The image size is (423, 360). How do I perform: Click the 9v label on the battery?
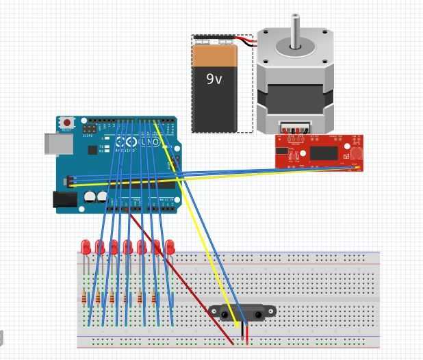click(214, 78)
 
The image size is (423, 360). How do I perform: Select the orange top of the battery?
click(215, 54)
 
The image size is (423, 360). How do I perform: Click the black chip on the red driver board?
click(328, 152)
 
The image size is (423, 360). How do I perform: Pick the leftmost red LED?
click(86, 246)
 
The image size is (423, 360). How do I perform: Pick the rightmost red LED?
click(170, 246)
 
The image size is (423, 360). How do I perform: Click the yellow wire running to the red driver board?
click(274, 175)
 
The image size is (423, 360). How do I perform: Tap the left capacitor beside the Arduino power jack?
click(90, 197)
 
